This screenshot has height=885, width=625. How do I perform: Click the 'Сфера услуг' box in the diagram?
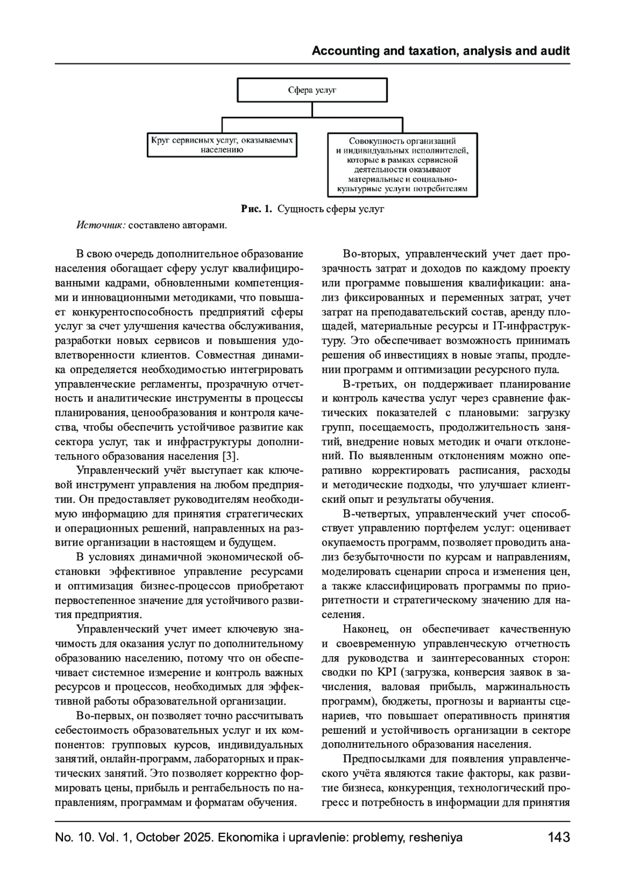312,90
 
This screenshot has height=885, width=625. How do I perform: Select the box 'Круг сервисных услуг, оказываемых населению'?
222,145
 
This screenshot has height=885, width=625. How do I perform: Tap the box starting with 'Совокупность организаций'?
403,164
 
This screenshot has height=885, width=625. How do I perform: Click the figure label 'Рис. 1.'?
256,210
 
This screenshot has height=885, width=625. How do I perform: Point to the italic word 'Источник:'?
101,225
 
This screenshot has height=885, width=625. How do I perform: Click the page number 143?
559,838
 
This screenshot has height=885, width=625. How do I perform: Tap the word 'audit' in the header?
555,51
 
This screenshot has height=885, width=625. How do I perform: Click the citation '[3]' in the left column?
230,456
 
